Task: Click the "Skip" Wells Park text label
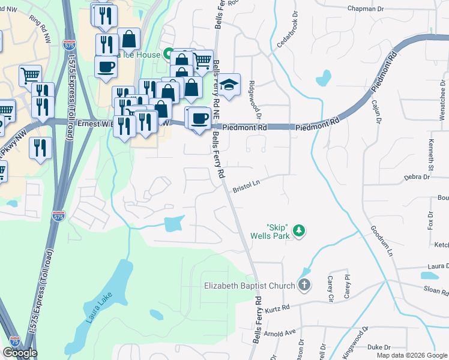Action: (x=278, y=231)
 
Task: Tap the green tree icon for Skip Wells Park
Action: (x=298, y=230)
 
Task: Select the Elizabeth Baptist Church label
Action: (x=249, y=286)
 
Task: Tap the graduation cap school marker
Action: (x=229, y=85)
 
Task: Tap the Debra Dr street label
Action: (x=418, y=177)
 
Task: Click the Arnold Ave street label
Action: (x=282, y=332)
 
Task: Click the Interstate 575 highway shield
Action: (x=58, y=215)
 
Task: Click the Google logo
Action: (x=20, y=353)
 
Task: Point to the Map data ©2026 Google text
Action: (x=411, y=355)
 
